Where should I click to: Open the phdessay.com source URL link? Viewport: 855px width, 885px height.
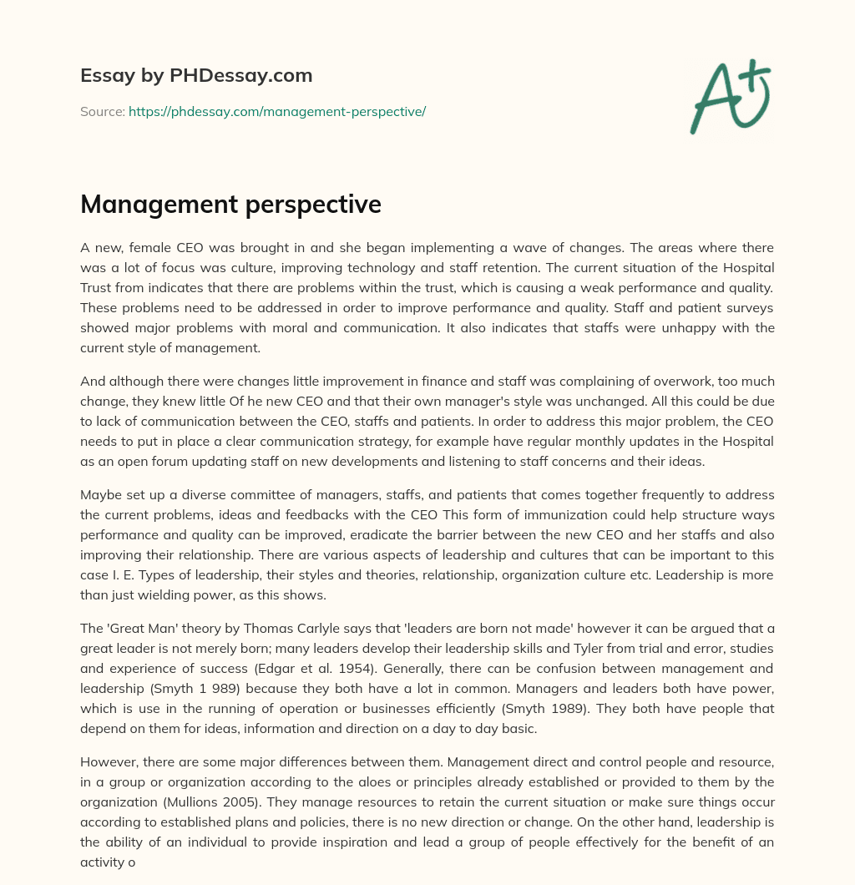[277, 111]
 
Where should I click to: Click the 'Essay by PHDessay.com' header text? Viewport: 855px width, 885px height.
[196, 76]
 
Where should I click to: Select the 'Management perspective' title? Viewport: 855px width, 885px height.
[230, 205]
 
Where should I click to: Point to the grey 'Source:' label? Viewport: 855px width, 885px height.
[102, 111]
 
